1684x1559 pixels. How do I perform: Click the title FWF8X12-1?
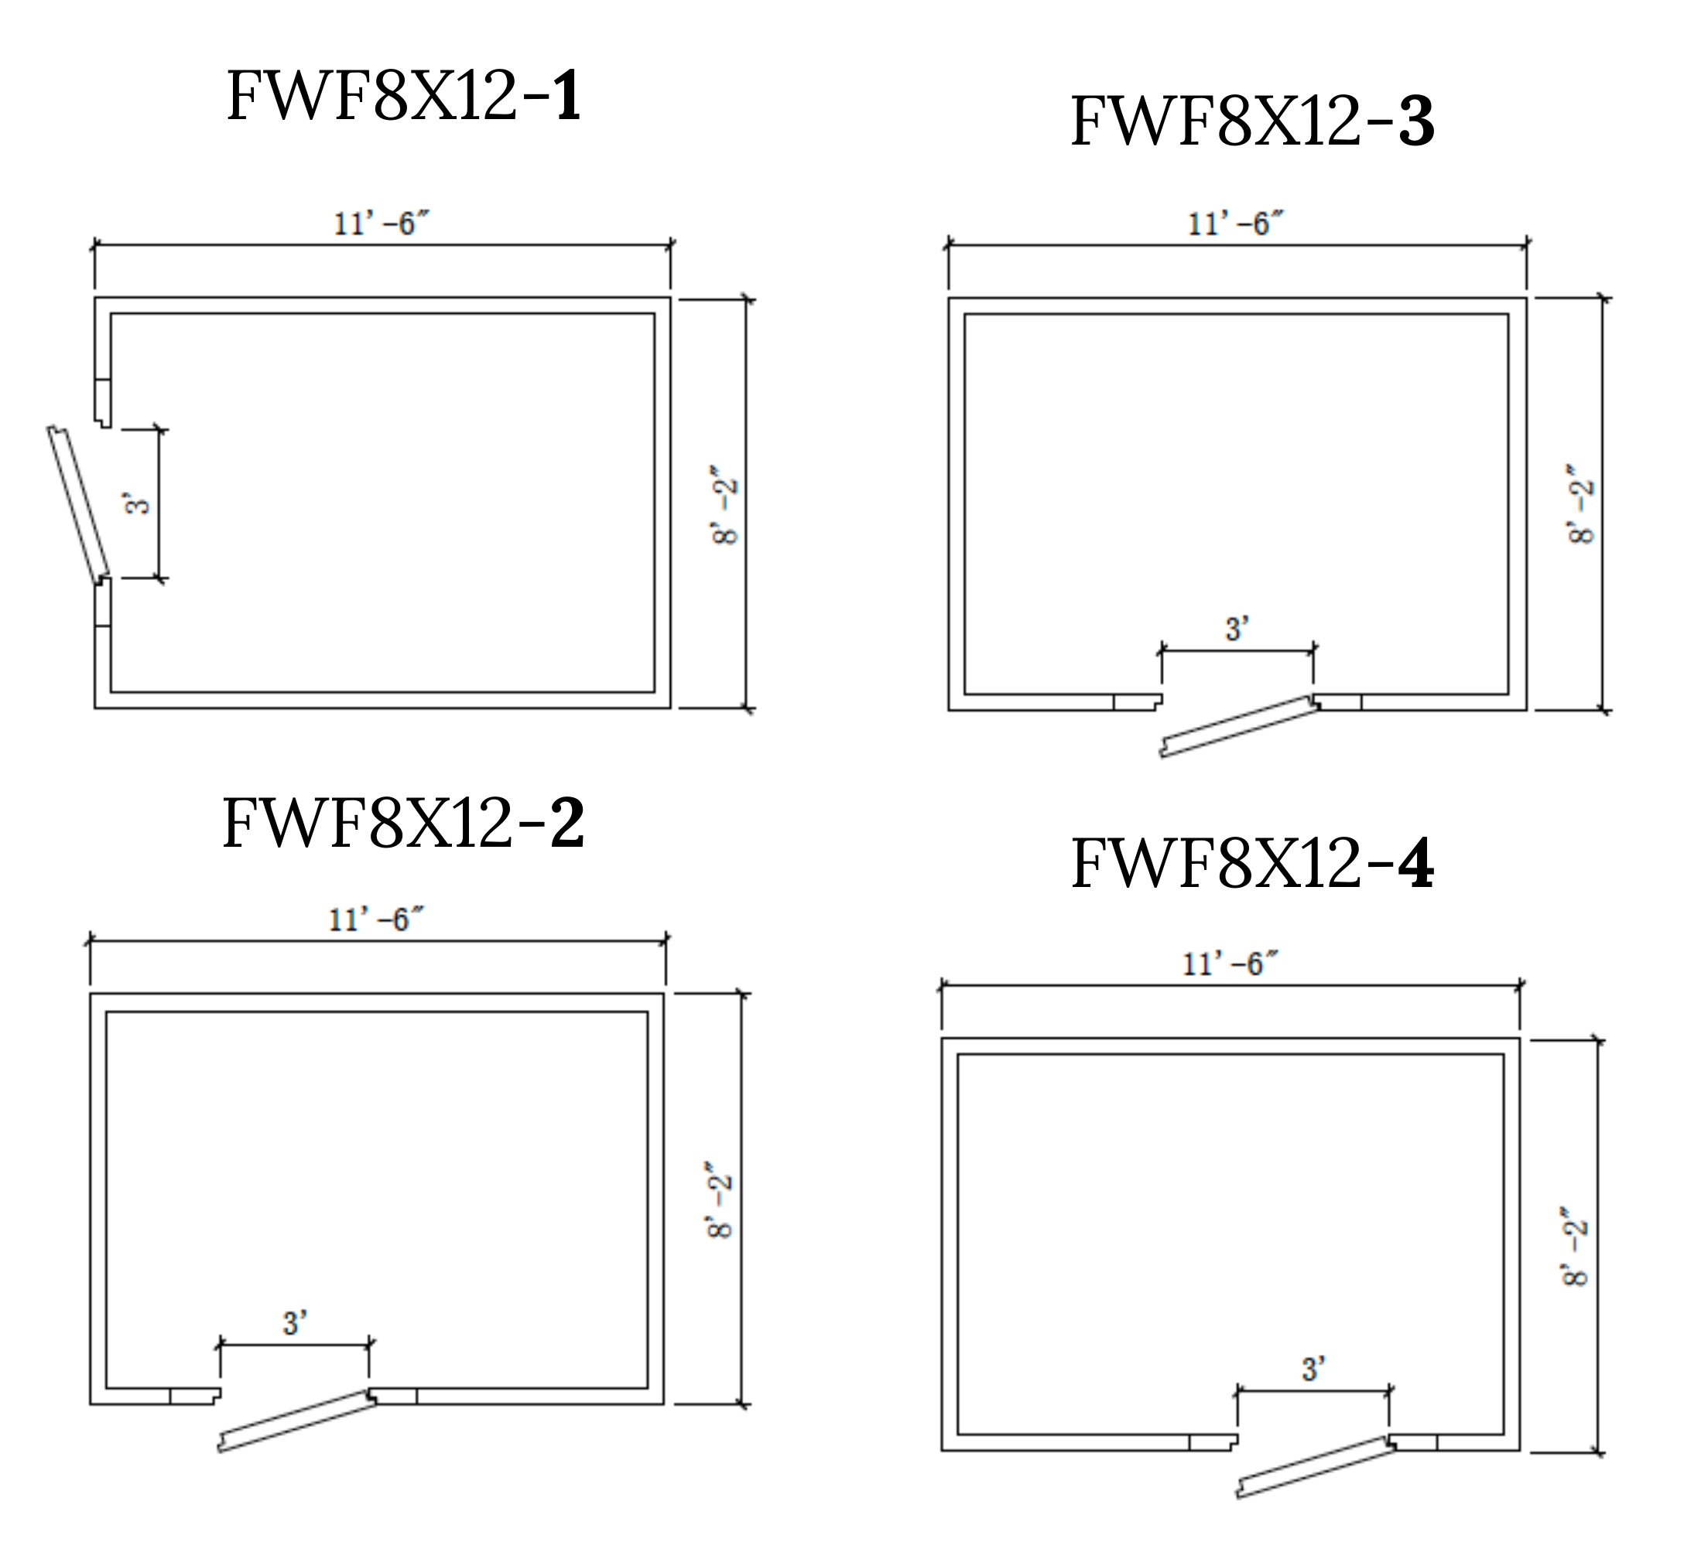(x=403, y=96)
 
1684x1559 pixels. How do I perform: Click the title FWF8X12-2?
(x=402, y=823)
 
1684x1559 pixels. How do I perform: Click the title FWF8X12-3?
(x=1252, y=121)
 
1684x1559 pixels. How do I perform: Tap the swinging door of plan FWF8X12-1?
(x=78, y=504)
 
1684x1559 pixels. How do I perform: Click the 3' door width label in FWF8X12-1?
(x=138, y=503)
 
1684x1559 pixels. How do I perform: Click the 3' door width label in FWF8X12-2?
(x=295, y=1323)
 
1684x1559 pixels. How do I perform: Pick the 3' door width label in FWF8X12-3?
(x=1237, y=629)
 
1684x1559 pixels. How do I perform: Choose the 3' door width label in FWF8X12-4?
(x=1313, y=1368)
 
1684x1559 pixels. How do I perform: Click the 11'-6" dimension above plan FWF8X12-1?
(x=382, y=224)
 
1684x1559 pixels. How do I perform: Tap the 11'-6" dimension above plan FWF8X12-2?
(x=375, y=919)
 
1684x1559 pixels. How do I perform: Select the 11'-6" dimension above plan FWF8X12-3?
(x=1236, y=224)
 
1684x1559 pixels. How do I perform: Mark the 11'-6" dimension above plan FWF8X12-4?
(x=1230, y=964)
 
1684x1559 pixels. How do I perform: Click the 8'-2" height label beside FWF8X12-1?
(x=726, y=503)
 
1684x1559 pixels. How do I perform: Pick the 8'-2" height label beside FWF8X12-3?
(x=1580, y=503)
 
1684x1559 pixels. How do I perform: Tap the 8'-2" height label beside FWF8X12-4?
(x=1574, y=1246)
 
